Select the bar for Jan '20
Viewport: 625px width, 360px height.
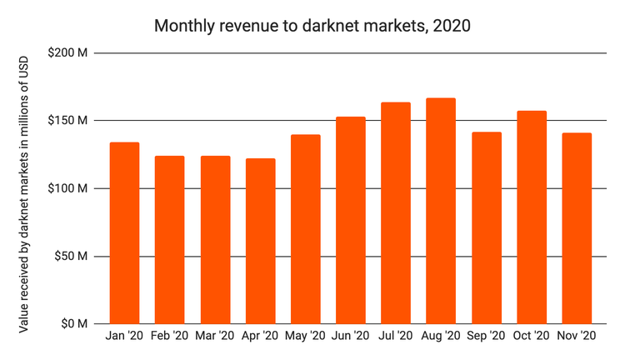(x=125, y=233)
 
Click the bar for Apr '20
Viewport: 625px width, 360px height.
(x=260, y=241)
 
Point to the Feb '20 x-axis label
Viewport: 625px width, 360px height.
(x=170, y=337)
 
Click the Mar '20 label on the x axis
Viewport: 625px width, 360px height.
(x=215, y=337)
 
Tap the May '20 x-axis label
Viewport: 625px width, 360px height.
(x=305, y=337)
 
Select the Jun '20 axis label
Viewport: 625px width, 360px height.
(x=350, y=337)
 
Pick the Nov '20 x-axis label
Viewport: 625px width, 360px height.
(x=576, y=337)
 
